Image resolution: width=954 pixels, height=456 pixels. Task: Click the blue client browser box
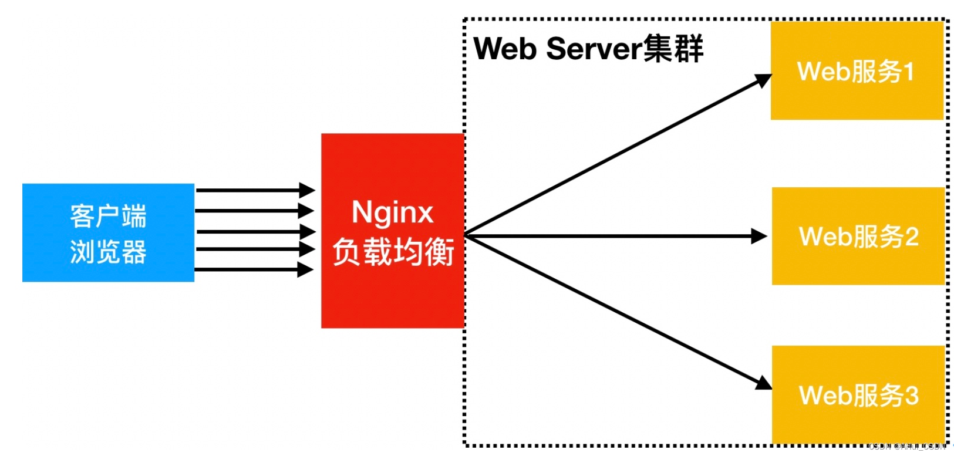point(108,232)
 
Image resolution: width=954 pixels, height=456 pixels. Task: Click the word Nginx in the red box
point(392,212)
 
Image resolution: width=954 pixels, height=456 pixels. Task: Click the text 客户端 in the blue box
point(108,216)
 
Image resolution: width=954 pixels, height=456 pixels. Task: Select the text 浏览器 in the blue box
point(108,252)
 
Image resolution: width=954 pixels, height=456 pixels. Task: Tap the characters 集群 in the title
point(673,48)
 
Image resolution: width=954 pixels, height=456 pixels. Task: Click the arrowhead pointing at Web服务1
point(764,80)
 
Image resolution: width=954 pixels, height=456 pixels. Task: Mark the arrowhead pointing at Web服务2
point(760,237)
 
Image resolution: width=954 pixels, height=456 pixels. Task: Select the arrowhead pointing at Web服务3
point(764,383)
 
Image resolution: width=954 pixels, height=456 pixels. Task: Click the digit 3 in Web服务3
point(911,396)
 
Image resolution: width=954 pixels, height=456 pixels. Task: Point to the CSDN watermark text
point(908,447)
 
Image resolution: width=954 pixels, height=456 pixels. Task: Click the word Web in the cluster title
point(505,48)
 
